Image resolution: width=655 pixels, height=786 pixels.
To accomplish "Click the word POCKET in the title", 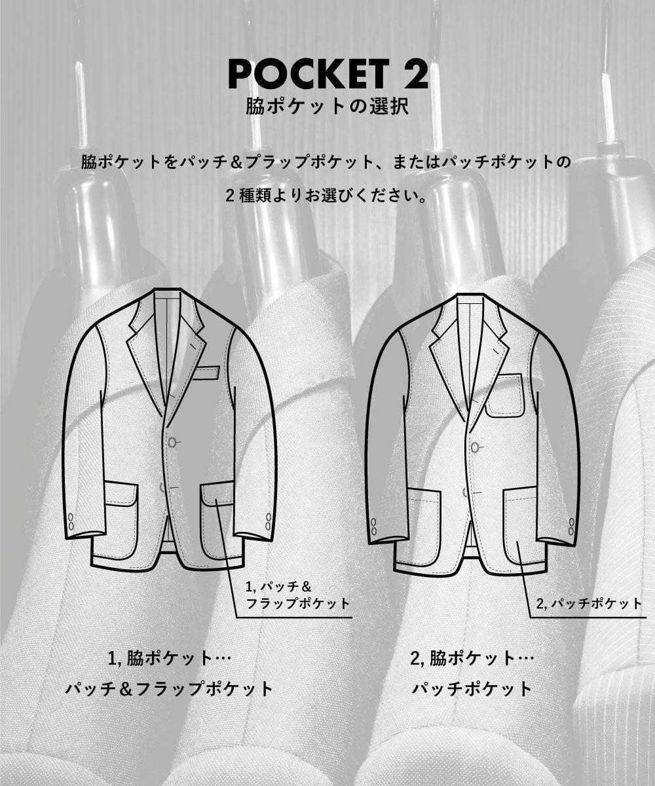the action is pyautogui.click(x=309, y=75).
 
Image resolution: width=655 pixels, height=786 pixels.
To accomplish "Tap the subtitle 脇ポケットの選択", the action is pyautogui.click(x=327, y=107).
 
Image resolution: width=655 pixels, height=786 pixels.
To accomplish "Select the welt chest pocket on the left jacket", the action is pyautogui.click(x=207, y=372).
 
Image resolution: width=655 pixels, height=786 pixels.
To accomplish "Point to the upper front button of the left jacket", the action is pyautogui.click(x=173, y=442).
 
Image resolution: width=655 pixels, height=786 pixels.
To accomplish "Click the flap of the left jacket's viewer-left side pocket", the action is pyautogui.click(x=120, y=493).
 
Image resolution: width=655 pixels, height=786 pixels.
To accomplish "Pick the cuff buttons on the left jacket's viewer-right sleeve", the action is pyautogui.click(x=268, y=521).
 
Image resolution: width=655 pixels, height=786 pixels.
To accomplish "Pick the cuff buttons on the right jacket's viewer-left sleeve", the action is pyautogui.click(x=373, y=526).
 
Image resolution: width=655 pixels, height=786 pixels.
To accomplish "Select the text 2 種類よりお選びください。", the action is pyautogui.click(x=327, y=196).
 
